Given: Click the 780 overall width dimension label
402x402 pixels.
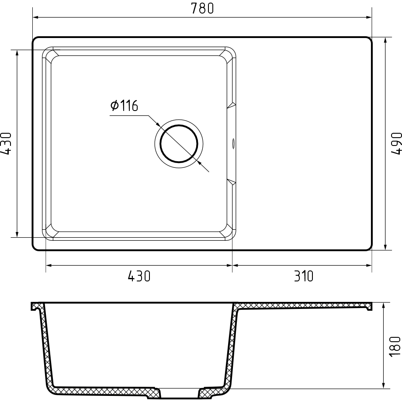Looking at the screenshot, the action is [x=202, y=8].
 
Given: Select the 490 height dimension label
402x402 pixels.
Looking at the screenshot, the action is [x=396, y=143].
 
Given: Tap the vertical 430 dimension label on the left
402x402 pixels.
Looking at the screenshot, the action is [x=6, y=144].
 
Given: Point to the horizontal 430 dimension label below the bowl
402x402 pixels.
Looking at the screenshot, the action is [x=139, y=276].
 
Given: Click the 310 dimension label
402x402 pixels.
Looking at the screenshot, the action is [x=304, y=276].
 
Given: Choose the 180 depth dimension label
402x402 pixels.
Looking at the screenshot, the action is [x=395, y=347].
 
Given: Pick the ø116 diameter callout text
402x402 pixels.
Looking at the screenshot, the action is [x=125, y=105].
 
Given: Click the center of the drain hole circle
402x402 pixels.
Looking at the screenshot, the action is [x=179, y=144].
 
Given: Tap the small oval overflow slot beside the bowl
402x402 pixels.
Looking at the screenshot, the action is [x=233, y=144].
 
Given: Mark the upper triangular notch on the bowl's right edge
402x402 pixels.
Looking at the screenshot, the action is [x=232, y=105].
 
